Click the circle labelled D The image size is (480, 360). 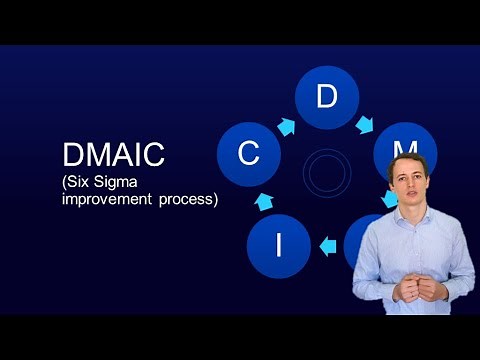pyautogui.click(x=326, y=97)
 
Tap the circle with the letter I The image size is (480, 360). pyautogui.click(x=278, y=245)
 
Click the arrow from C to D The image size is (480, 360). pyautogui.click(x=286, y=127)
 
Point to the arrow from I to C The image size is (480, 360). pyautogui.click(x=264, y=201)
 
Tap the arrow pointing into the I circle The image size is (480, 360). pyautogui.click(x=327, y=243)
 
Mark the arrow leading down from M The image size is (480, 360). pyautogui.click(x=390, y=198)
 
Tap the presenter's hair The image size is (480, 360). pyautogui.click(x=407, y=161)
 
